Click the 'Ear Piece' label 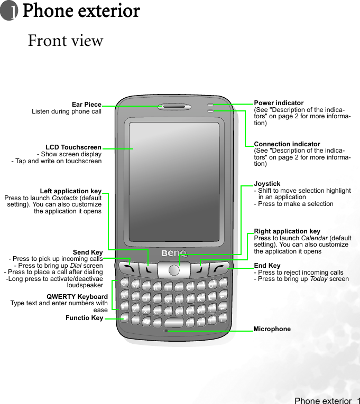click(87, 105)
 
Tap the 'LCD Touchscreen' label click(73, 147)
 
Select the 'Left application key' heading click(71, 191)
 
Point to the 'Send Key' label click(88, 252)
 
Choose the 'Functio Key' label click(85, 318)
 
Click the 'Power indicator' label click(279, 103)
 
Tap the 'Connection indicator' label click(287, 144)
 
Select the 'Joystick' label click(267, 184)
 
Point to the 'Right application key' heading click(287, 231)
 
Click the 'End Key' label click(267, 266)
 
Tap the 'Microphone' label click(272, 329)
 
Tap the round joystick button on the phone click(174, 270)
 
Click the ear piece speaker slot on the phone click(174, 106)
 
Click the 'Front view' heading click(66, 41)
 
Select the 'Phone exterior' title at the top click(81, 11)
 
